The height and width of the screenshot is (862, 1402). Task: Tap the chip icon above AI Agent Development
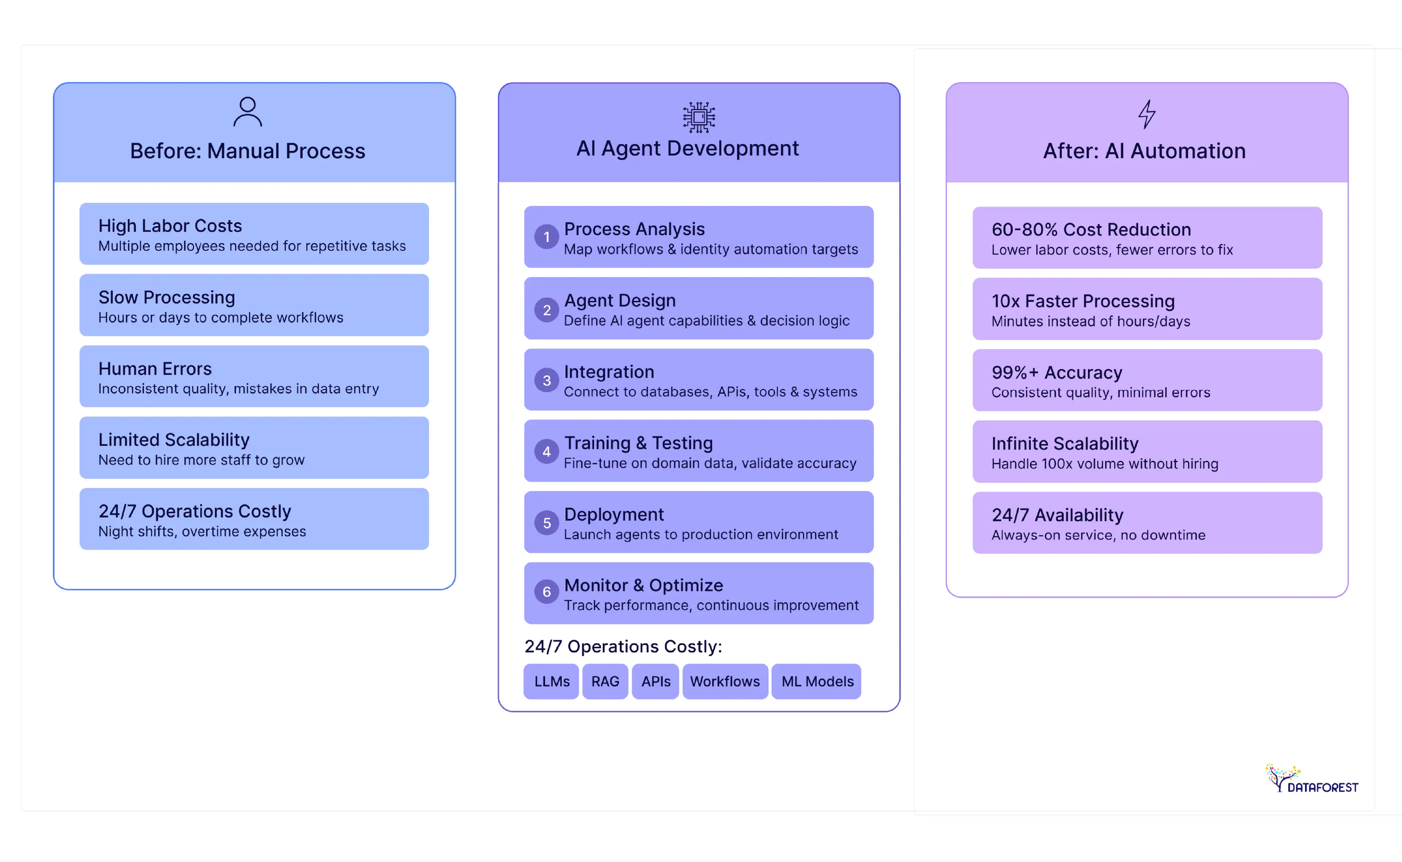pos(699,117)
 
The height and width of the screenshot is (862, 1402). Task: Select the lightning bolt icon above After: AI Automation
pos(1147,114)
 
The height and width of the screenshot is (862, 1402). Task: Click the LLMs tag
pos(551,681)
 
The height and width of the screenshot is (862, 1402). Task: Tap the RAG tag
pos(605,681)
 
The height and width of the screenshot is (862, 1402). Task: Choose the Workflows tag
pos(725,681)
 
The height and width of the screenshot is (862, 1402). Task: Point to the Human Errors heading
pos(155,369)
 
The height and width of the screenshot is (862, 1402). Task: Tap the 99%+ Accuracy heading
pos(1056,372)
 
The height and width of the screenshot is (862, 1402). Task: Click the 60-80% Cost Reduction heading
pos(1091,229)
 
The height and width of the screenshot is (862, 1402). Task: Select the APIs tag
pos(655,681)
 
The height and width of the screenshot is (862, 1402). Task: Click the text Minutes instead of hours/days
pos(1090,321)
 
